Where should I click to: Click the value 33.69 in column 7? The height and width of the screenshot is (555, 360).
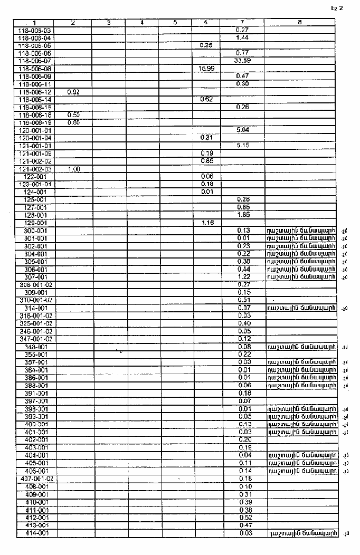click(x=242, y=61)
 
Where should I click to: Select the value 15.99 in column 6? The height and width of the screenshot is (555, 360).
click(x=206, y=69)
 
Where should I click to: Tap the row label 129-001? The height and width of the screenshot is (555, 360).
click(x=35, y=223)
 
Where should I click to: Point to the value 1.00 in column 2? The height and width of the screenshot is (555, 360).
click(x=73, y=169)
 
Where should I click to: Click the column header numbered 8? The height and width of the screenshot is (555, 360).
click(x=299, y=23)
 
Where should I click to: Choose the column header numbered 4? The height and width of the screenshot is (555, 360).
click(x=143, y=23)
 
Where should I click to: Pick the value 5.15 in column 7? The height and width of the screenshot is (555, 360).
click(x=243, y=145)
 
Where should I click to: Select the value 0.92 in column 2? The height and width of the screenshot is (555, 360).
click(x=73, y=92)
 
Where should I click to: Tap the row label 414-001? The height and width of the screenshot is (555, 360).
click(x=36, y=533)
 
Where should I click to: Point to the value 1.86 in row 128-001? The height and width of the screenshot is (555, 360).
click(x=243, y=215)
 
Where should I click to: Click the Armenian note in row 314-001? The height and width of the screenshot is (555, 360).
click(x=301, y=308)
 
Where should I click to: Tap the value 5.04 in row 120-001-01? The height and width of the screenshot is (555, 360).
click(x=243, y=130)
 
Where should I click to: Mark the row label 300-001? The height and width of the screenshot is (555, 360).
click(x=35, y=231)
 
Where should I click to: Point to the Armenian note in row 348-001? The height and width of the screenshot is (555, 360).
click(x=301, y=346)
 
